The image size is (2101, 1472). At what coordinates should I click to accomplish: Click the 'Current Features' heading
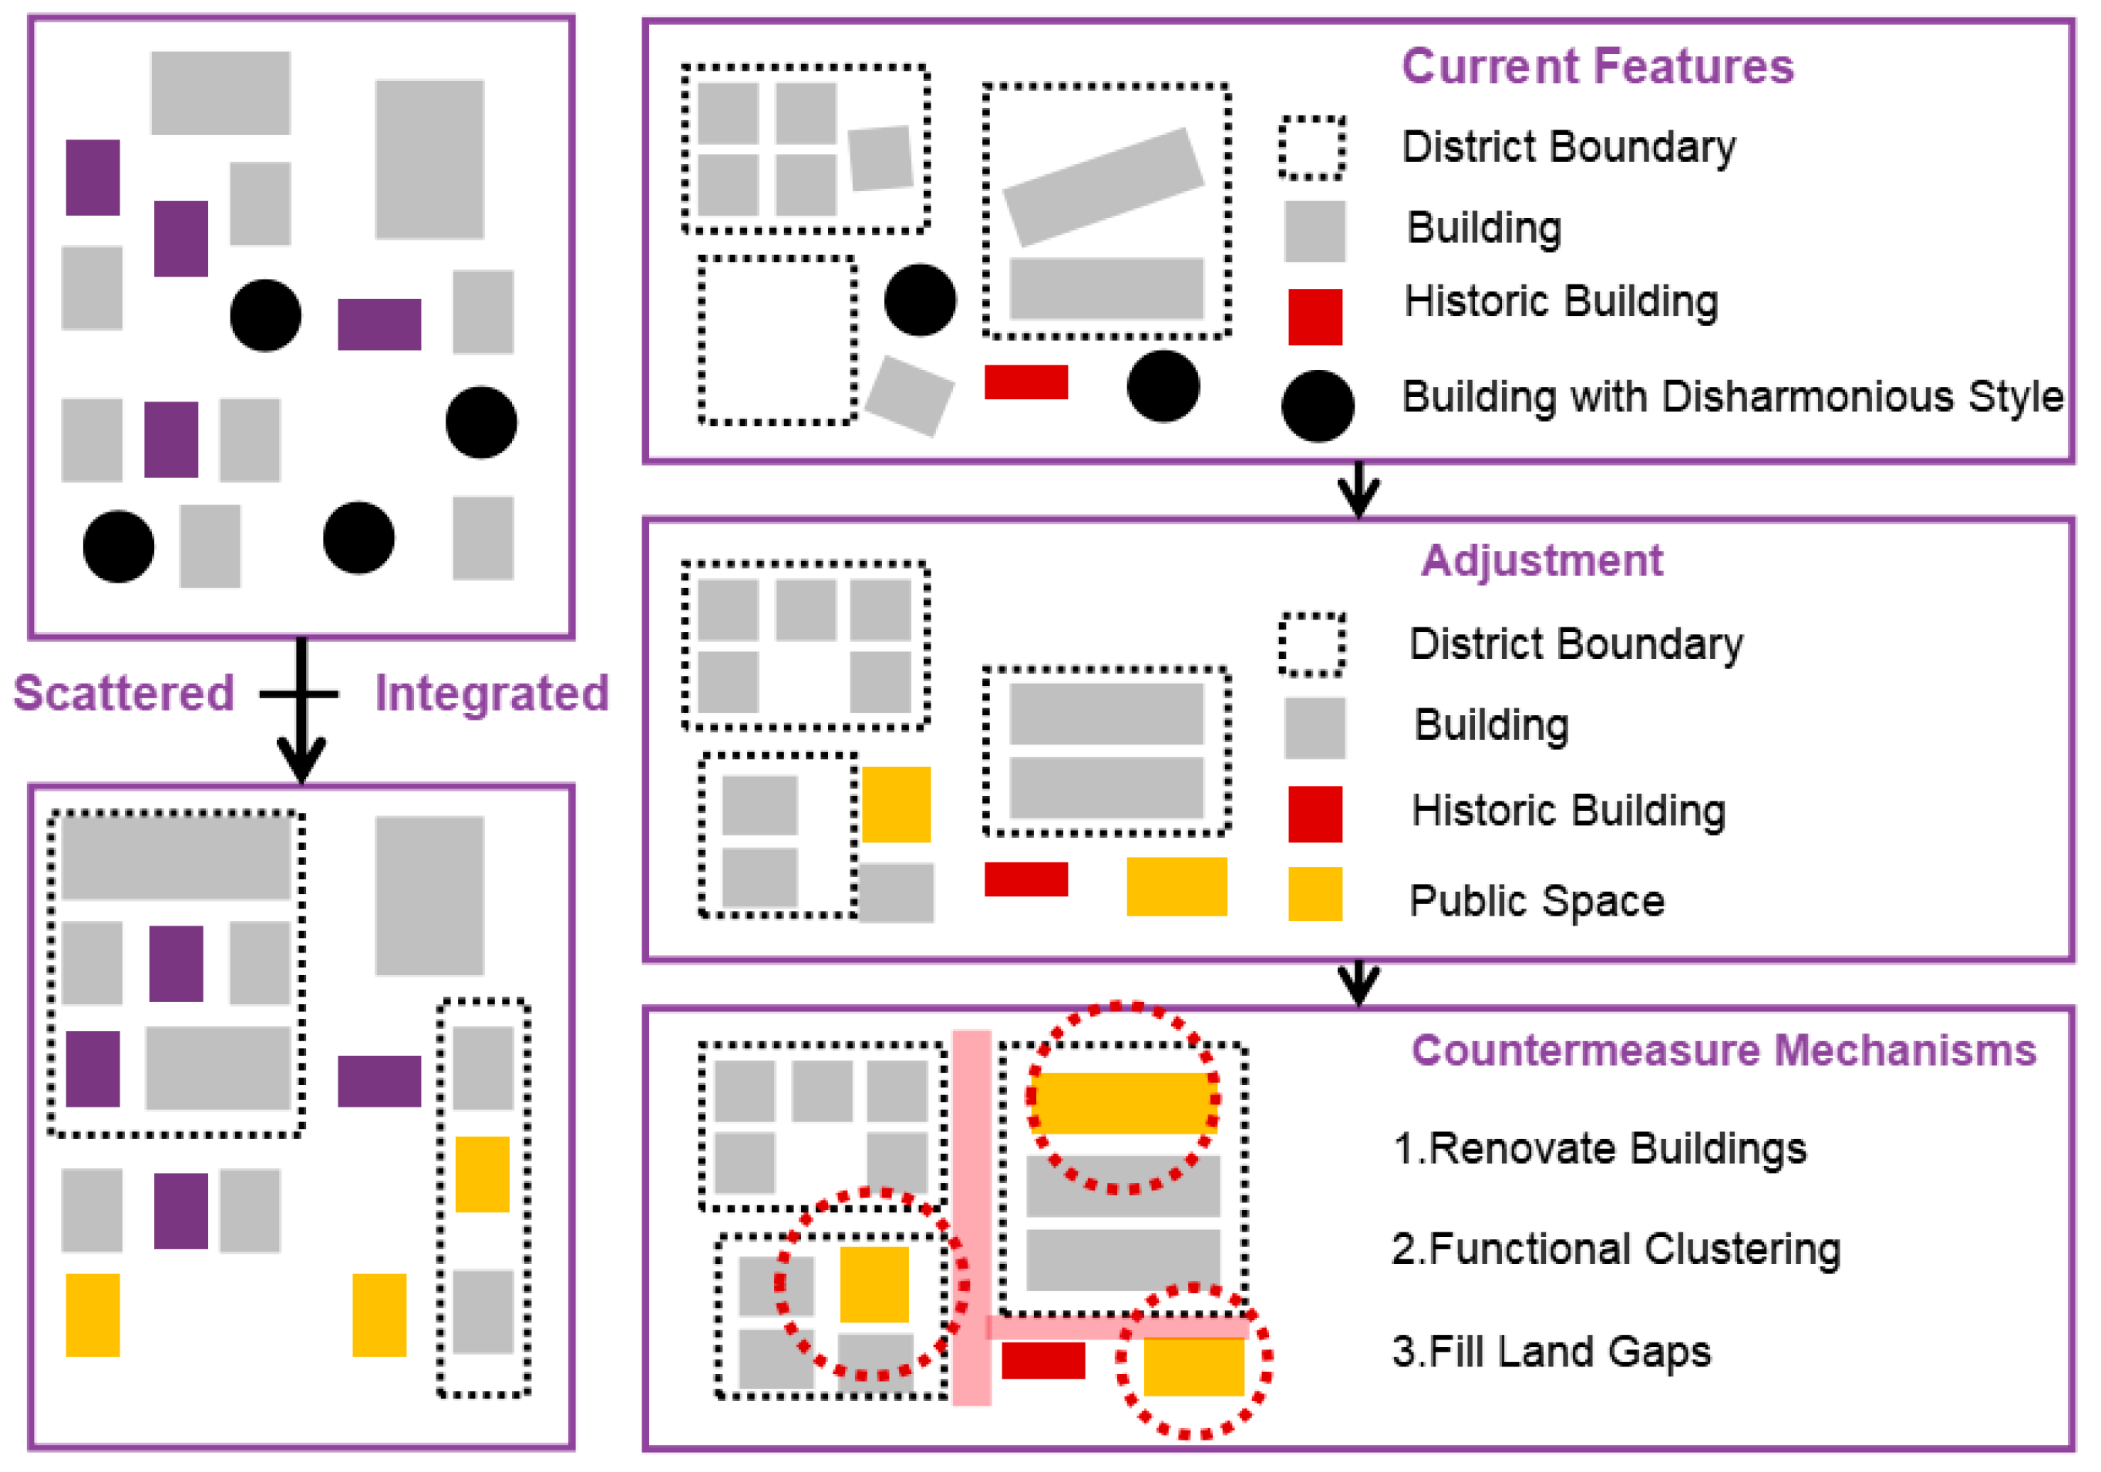(x=1597, y=67)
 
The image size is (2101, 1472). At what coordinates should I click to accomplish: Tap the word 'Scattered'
(x=123, y=693)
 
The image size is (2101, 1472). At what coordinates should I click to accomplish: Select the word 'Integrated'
(x=491, y=693)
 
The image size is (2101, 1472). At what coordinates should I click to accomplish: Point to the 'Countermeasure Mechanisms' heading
(x=1723, y=1050)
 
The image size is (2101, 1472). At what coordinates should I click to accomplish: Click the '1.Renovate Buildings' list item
(x=1598, y=1148)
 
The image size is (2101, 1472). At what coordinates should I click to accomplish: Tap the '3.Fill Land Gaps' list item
(x=1550, y=1351)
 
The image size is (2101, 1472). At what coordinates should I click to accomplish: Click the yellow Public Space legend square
(x=1314, y=894)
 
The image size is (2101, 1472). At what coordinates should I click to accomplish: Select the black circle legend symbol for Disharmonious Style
(x=1317, y=406)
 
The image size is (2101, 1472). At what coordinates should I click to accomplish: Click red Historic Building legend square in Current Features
(x=1314, y=317)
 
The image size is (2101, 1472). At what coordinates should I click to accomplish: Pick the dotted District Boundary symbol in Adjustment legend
(x=1311, y=644)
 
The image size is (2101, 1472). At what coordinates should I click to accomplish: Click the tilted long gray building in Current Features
(x=1103, y=187)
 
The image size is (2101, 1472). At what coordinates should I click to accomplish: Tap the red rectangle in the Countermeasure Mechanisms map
(x=1042, y=1360)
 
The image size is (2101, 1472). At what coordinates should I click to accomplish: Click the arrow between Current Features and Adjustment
(x=1358, y=489)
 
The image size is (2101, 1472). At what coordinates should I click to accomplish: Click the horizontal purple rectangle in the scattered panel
(x=379, y=324)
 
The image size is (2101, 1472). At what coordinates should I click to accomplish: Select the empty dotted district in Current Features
(x=777, y=341)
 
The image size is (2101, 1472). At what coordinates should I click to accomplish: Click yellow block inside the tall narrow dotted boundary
(x=481, y=1174)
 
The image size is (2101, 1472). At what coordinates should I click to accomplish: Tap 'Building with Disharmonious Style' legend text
(x=1732, y=397)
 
